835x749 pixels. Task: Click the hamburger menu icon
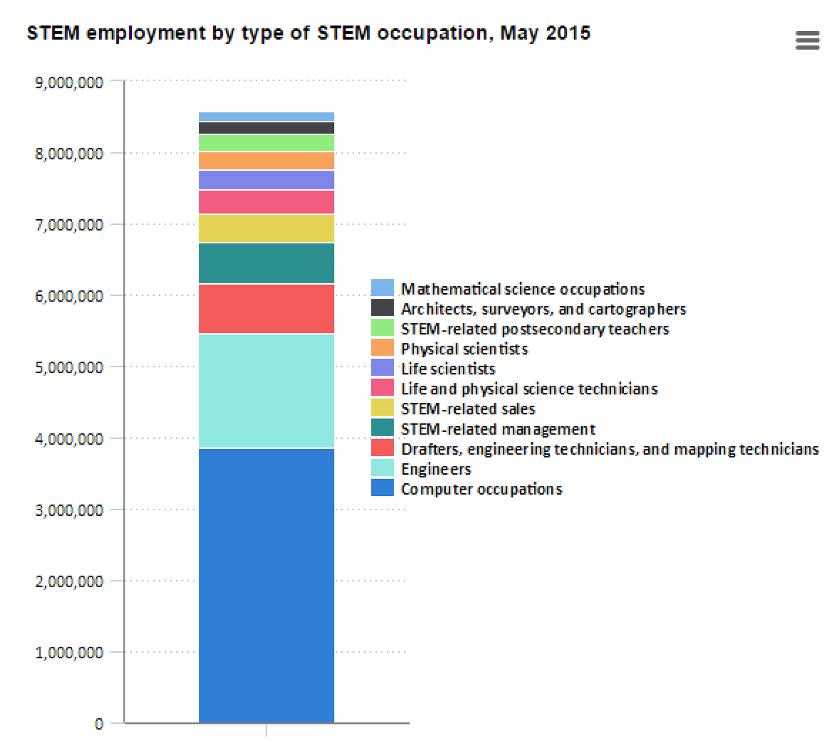pyautogui.click(x=807, y=40)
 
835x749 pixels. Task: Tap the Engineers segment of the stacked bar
pyautogui.click(x=266, y=391)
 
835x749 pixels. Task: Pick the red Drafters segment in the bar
pyautogui.click(x=266, y=309)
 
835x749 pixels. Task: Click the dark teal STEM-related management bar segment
pyautogui.click(x=266, y=263)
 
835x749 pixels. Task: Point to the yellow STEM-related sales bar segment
pyautogui.click(x=266, y=228)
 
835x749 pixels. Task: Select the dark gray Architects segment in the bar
pyautogui.click(x=266, y=128)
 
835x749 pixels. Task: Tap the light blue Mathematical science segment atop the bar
pyautogui.click(x=266, y=116)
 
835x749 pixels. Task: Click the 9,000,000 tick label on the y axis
pyautogui.click(x=69, y=82)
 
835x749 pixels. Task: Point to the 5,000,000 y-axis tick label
pyautogui.click(x=69, y=367)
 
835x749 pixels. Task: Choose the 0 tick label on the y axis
pyautogui.click(x=99, y=724)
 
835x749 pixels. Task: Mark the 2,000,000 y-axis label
pyautogui.click(x=69, y=582)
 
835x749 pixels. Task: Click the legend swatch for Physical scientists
pyautogui.click(x=382, y=348)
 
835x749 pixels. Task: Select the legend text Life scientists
pyautogui.click(x=448, y=369)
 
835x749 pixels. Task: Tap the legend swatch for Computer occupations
pyautogui.click(x=382, y=488)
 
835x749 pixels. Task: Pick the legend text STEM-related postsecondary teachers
pyautogui.click(x=535, y=329)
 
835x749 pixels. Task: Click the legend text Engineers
pyautogui.click(x=436, y=469)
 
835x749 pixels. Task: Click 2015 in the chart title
pyautogui.click(x=568, y=33)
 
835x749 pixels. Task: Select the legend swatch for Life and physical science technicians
pyautogui.click(x=382, y=388)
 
